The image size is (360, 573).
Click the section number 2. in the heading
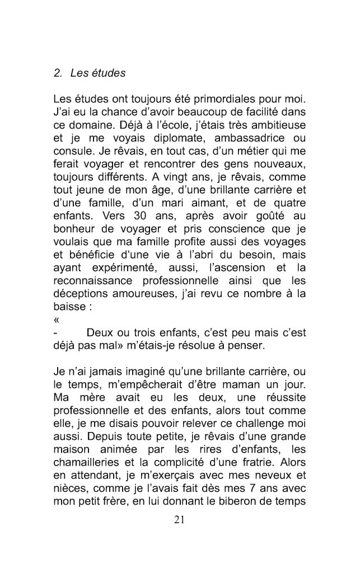[x=58, y=73]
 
